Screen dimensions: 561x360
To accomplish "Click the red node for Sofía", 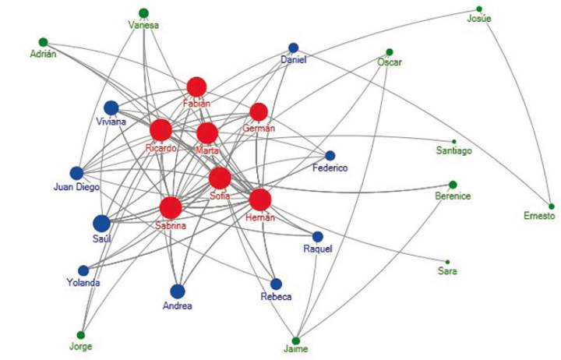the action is [x=220, y=178].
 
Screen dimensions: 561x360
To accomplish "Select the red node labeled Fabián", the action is [x=196, y=86].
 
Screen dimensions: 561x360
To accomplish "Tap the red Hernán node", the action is [x=259, y=199].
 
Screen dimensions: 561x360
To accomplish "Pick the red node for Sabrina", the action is [x=171, y=208].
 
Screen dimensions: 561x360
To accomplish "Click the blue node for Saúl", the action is [x=101, y=223].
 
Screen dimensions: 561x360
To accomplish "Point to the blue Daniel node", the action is [x=294, y=48].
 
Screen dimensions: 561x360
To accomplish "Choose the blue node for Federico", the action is [x=330, y=155].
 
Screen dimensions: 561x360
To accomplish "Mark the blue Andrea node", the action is [x=178, y=291].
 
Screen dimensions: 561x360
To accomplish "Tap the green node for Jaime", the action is [x=295, y=341].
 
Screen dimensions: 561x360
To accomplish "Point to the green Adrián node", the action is [x=43, y=42].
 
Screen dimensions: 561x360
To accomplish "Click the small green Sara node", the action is [x=447, y=262].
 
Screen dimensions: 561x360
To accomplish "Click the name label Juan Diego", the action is [x=76, y=187].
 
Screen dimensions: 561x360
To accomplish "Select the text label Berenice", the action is [x=453, y=197].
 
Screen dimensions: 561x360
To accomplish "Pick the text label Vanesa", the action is [x=143, y=25].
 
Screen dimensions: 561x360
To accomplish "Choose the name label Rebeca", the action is [x=277, y=297].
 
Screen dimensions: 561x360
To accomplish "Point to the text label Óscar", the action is [x=389, y=62].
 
